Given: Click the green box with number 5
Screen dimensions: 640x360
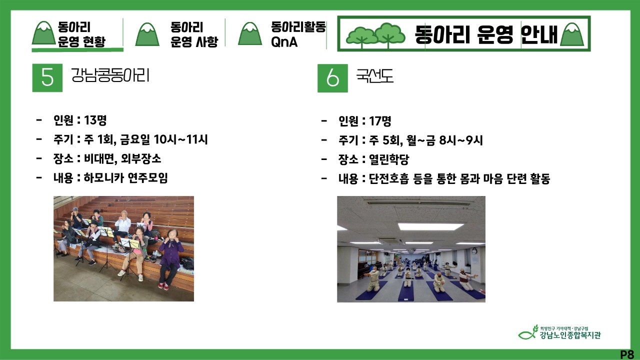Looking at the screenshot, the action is [47, 77].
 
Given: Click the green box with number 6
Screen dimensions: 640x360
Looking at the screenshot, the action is [332, 78].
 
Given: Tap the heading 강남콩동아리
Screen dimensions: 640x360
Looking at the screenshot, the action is [110, 75].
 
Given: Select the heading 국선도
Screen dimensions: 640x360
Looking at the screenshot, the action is [375, 76].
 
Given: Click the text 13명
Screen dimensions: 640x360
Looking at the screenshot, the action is [95, 120].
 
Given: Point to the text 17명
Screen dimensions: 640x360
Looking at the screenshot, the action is [380, 121].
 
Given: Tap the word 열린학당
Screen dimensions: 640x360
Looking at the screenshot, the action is [389, 159].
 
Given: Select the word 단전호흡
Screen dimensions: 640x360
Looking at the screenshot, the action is [389, 179].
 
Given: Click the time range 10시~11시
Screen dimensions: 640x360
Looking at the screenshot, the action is [180, 139].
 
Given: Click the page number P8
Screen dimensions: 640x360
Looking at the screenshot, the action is [627, 354].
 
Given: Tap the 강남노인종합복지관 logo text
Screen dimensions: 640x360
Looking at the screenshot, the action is [570, 335].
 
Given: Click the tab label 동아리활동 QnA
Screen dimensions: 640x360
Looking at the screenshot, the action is [298, 34].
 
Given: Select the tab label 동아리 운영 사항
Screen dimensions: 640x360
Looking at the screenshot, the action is [194, 34].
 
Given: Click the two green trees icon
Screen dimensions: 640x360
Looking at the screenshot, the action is [375, 35].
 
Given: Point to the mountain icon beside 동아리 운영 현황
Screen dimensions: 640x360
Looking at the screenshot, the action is [43, 33].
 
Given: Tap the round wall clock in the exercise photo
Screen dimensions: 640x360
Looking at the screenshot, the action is [474, 251].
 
